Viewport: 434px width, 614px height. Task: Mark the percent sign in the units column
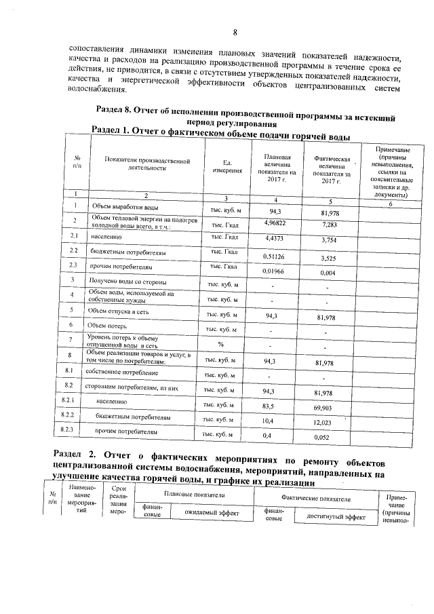221,343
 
